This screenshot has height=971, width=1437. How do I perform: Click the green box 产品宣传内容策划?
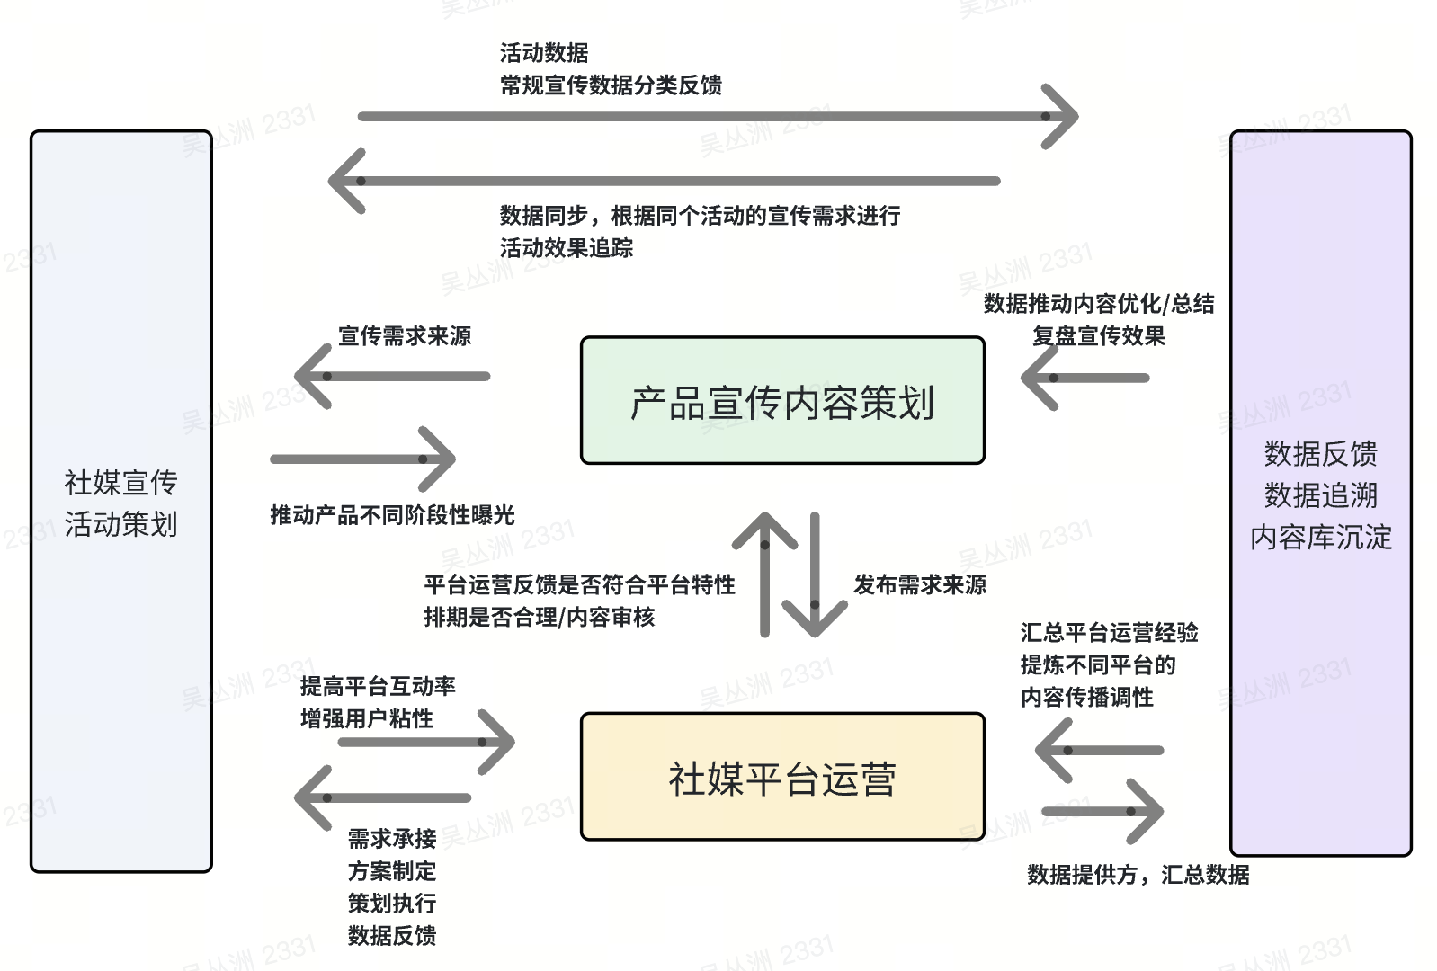[x=782, y=401]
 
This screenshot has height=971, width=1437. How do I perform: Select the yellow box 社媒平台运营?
[x=782, y=777]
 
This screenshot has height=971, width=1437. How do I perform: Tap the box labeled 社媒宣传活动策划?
[x=121, y=502]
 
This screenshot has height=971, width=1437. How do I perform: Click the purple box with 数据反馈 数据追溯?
[x=1320, y=494]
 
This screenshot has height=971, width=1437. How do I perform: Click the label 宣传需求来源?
[x=405, y=336]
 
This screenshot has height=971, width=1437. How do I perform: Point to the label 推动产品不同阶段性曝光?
[x=392, y=515]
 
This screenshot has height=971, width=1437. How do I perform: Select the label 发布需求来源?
[x=920, y=585]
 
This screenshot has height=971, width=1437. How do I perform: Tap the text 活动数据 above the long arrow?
[x=544, y=53]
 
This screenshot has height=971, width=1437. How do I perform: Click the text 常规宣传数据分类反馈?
[x=611, y=85]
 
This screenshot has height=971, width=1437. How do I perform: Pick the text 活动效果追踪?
[x=567, y=248]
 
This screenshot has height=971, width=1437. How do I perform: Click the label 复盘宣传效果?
[x=1099, y=336]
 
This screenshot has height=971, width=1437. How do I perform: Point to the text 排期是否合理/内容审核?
[x=540, y=618]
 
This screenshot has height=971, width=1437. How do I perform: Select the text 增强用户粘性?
[x=367, y=719]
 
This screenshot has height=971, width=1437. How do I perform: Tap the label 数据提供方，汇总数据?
[x=1138, y=875]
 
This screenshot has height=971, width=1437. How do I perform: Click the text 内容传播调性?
[x=1086, y=698]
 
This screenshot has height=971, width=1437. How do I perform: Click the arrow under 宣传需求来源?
[x=393, y=376]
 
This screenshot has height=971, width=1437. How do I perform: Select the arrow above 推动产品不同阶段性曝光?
[x=363, y=459]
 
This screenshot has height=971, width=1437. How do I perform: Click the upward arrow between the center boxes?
[x=764, y=574]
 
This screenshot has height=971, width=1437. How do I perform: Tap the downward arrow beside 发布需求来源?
[x=815, y=575]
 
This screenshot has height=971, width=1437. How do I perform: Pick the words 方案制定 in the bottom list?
[x=392, y=871]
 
